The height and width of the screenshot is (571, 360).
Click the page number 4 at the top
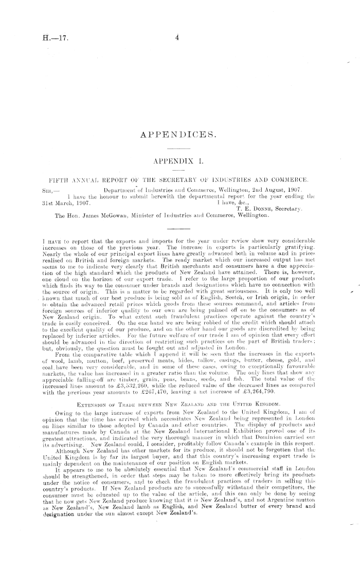tap(176, 38)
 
